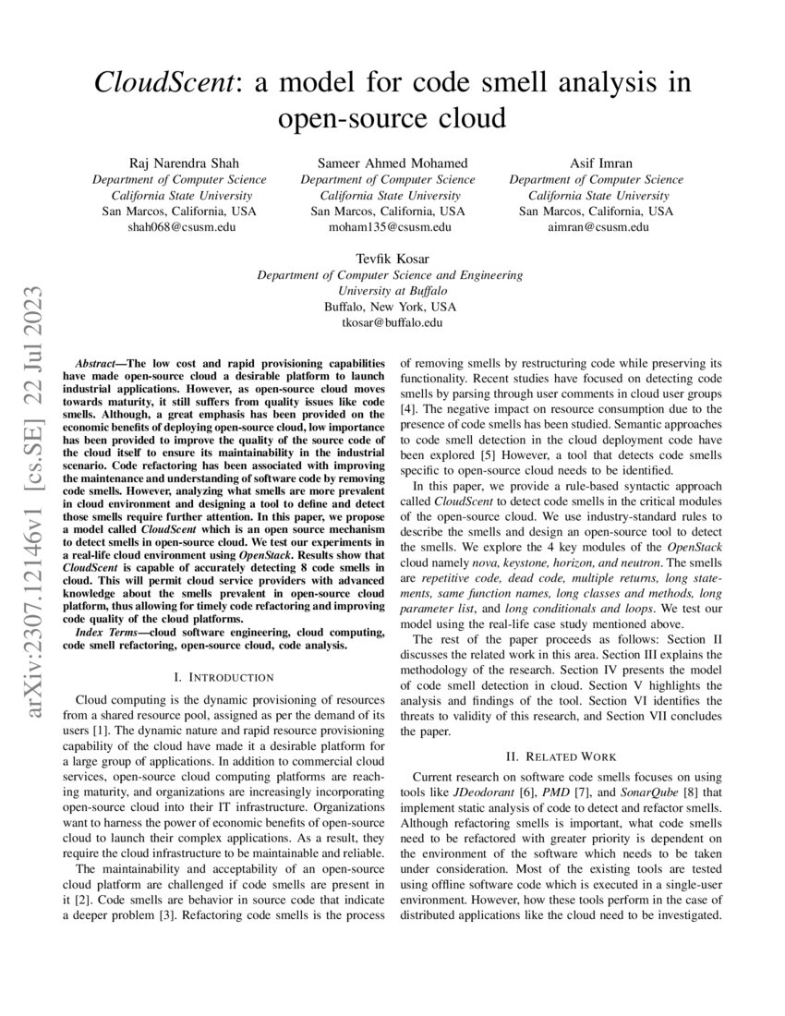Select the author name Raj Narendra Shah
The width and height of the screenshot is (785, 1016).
point(179,163)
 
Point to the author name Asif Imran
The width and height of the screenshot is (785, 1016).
point(597,163)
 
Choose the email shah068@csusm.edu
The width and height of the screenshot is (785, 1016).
point(179,227)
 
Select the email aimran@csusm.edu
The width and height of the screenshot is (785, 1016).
point(597,227)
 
